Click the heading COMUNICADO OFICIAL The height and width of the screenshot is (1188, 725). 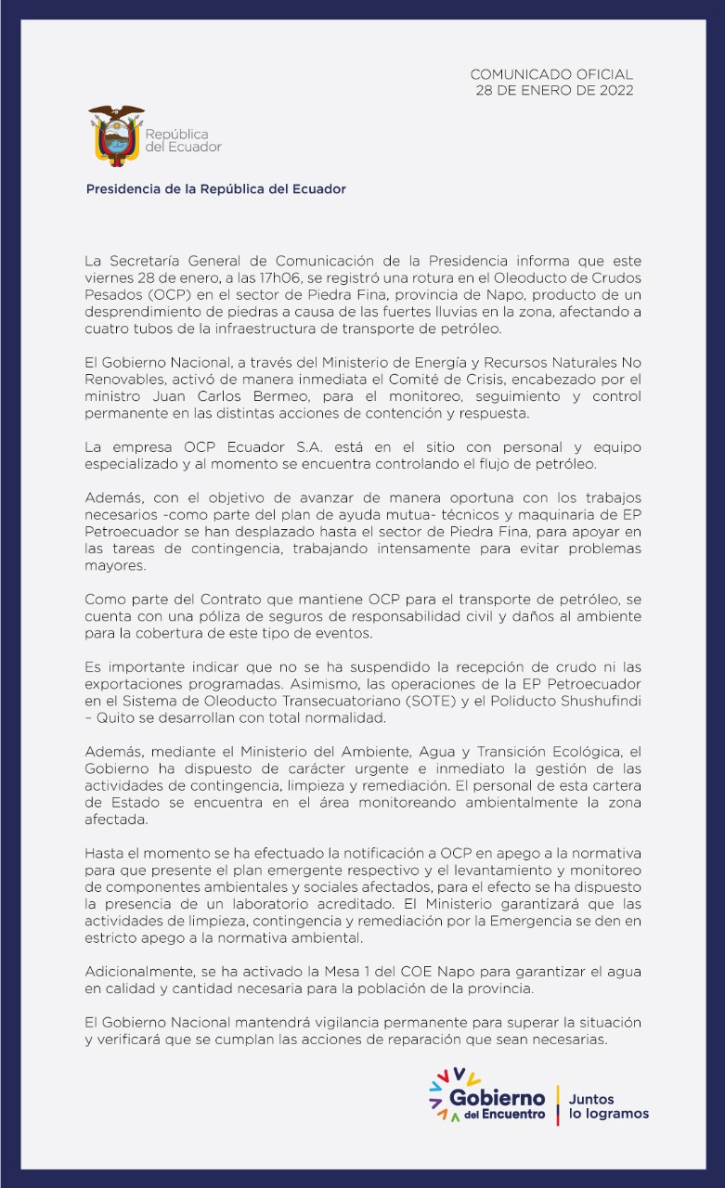point(551,74)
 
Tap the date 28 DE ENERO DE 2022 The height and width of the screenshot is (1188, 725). point(554,90)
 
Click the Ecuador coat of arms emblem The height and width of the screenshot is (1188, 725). point(116,136)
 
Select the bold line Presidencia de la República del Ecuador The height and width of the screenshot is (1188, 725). point(215,188)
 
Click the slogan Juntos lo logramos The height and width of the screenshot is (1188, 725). point(607,1106)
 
